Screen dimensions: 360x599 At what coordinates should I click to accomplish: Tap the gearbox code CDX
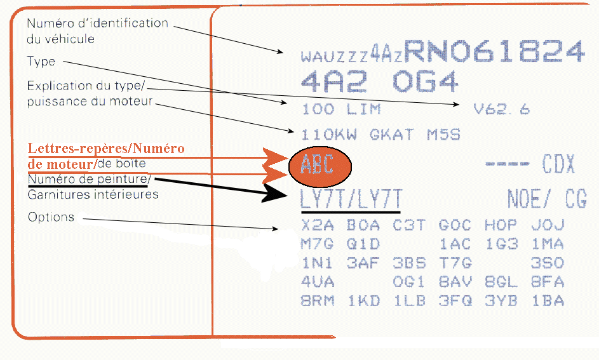click(x=558, y=166)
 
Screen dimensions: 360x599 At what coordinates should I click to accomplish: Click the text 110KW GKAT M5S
click(x=381, y=135)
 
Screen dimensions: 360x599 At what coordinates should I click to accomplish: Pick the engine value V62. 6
click(x=502, y=109)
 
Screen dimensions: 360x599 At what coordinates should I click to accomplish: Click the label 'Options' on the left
click(x=51, y=217)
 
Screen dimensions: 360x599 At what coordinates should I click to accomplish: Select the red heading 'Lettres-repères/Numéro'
click(x=106, y=149)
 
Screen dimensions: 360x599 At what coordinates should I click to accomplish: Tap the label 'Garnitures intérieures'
click(x=93, y=194)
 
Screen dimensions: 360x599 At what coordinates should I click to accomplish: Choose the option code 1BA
click(x=548, y=301)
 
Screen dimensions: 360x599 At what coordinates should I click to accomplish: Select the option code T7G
click(x=455, y=263)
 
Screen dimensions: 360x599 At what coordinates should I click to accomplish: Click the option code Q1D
click(x=363, y=244)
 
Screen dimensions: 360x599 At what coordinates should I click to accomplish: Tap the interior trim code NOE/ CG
click(x=546, y=199)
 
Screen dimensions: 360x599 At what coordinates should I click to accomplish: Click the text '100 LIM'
click(x=341, y=109)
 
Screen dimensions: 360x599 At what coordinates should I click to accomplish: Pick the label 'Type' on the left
click(x=41, y=62)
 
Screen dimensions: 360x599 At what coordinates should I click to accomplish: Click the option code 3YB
click(x=501, y=301)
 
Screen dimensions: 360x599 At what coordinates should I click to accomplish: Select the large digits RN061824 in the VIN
click(x=494, y=52)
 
